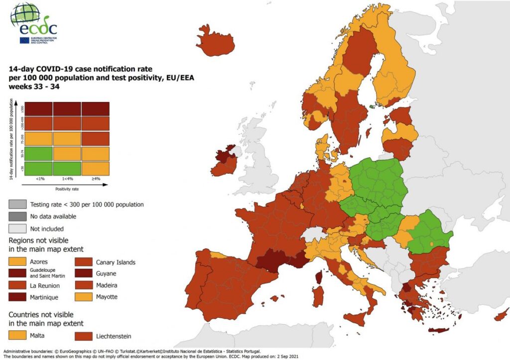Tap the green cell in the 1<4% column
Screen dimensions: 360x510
point(67,168)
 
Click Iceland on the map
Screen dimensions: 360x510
point(215,42)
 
